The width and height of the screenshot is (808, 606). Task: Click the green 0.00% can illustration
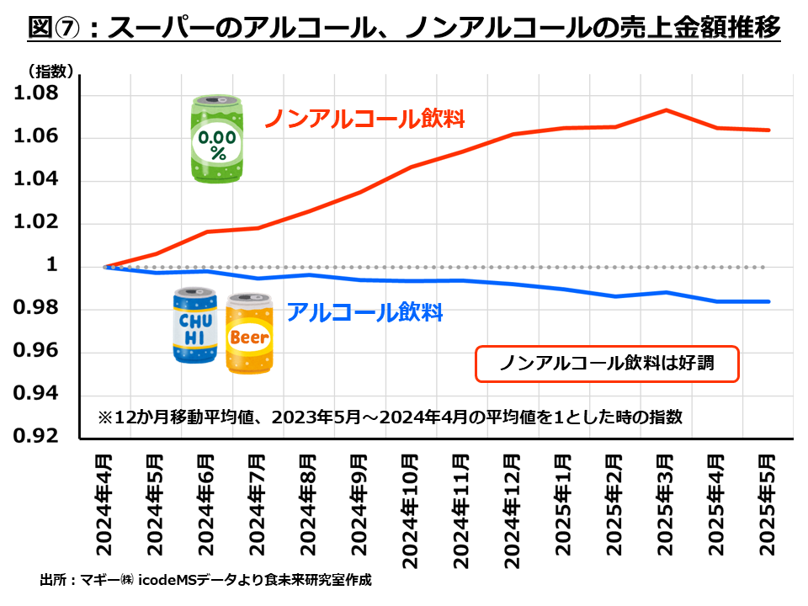tap(218, 139)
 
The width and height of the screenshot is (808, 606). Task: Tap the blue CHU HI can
tap(195, 326)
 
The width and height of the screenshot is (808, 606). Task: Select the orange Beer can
tap(249, 334)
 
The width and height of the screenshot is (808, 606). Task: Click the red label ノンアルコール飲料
tap(365, 119)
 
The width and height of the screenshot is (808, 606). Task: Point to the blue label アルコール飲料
tap(364, 312)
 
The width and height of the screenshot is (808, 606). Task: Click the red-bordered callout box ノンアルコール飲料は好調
tap(607, 364)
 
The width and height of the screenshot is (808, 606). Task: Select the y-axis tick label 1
tap(51, 266)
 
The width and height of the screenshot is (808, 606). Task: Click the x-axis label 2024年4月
tap(104, 503)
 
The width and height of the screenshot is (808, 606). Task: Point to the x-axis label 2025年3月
tap(665, 503)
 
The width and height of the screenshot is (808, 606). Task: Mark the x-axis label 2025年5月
tap(767, 503)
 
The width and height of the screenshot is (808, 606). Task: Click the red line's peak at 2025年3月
tap(666, 110)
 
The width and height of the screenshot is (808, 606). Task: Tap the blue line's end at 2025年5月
tap(768, 301)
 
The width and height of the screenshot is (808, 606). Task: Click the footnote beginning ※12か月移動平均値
tap(389, 417)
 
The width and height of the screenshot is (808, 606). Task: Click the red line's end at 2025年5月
tap(768, 130)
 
